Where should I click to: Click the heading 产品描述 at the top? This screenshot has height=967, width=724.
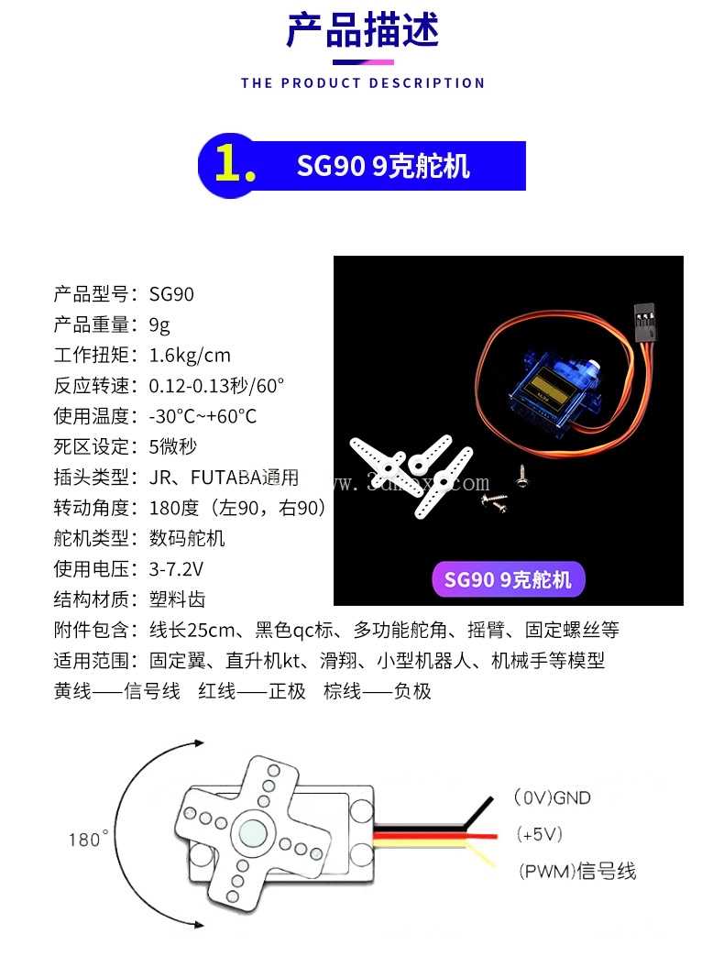point(363,31)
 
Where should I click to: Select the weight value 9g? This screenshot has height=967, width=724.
point(159,325)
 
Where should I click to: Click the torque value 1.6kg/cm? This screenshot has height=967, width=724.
point(190,356)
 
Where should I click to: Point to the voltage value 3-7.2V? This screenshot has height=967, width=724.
point(176,568)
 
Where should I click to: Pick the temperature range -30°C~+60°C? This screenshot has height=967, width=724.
point(203,416)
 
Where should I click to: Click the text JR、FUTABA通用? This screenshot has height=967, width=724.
point(224,478)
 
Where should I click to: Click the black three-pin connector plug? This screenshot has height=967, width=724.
point(643,322)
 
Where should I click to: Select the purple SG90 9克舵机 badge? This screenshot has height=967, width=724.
point(508,579)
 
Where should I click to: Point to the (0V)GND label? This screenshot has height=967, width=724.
point(552,797)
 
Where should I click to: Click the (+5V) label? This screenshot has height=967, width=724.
point(540,834)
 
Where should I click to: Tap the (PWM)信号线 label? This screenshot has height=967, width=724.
point(576,871)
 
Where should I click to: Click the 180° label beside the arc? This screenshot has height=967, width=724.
point(88,839)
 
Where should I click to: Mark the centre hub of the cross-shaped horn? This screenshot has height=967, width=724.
point(252,834)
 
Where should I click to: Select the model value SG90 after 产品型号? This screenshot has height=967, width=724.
point(171,294)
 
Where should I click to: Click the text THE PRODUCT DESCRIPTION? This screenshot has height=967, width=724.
point(363,83)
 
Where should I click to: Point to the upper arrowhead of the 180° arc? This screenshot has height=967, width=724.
point(197,742)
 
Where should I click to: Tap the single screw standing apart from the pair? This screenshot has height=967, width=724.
point(521,476)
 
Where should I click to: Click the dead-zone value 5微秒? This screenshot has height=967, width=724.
point(172,446)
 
